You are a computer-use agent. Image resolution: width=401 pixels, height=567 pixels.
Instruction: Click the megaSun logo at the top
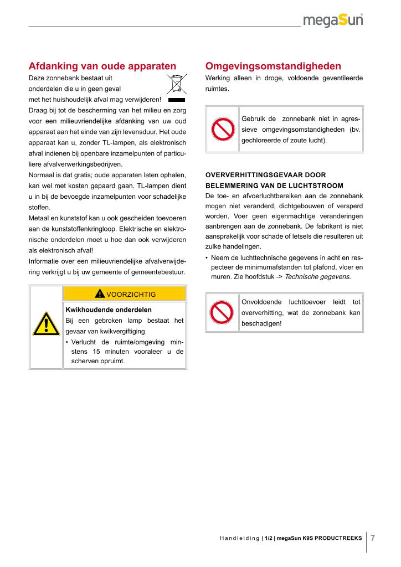(333, 20)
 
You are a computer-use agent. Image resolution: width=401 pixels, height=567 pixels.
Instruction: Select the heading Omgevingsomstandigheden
(273, 66)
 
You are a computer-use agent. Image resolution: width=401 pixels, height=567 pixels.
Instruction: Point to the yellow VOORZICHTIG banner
(125, 293)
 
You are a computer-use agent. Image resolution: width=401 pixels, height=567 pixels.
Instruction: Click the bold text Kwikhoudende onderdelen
(109, 310)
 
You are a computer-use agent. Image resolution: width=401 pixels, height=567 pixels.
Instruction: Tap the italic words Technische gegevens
(317, 276)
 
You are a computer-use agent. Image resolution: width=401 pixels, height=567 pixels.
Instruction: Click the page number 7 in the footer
(373, 538)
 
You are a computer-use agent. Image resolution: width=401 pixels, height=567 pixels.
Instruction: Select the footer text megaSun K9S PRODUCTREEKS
(320, 538)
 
